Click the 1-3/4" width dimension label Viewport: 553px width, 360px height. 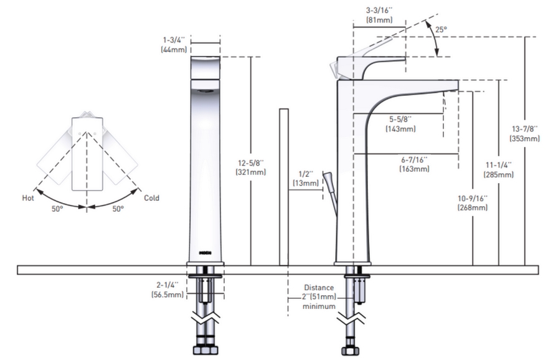coord(173,39)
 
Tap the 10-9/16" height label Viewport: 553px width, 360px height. coord(473,198)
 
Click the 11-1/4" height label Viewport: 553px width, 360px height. coord(499,165)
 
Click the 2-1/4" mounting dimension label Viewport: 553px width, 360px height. coord(166,285)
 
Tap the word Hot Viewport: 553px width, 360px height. coord(28,198)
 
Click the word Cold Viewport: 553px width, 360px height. coord(151,198)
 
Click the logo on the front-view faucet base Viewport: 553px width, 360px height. coord(204,253)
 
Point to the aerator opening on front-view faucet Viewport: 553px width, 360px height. coord(205,90)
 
